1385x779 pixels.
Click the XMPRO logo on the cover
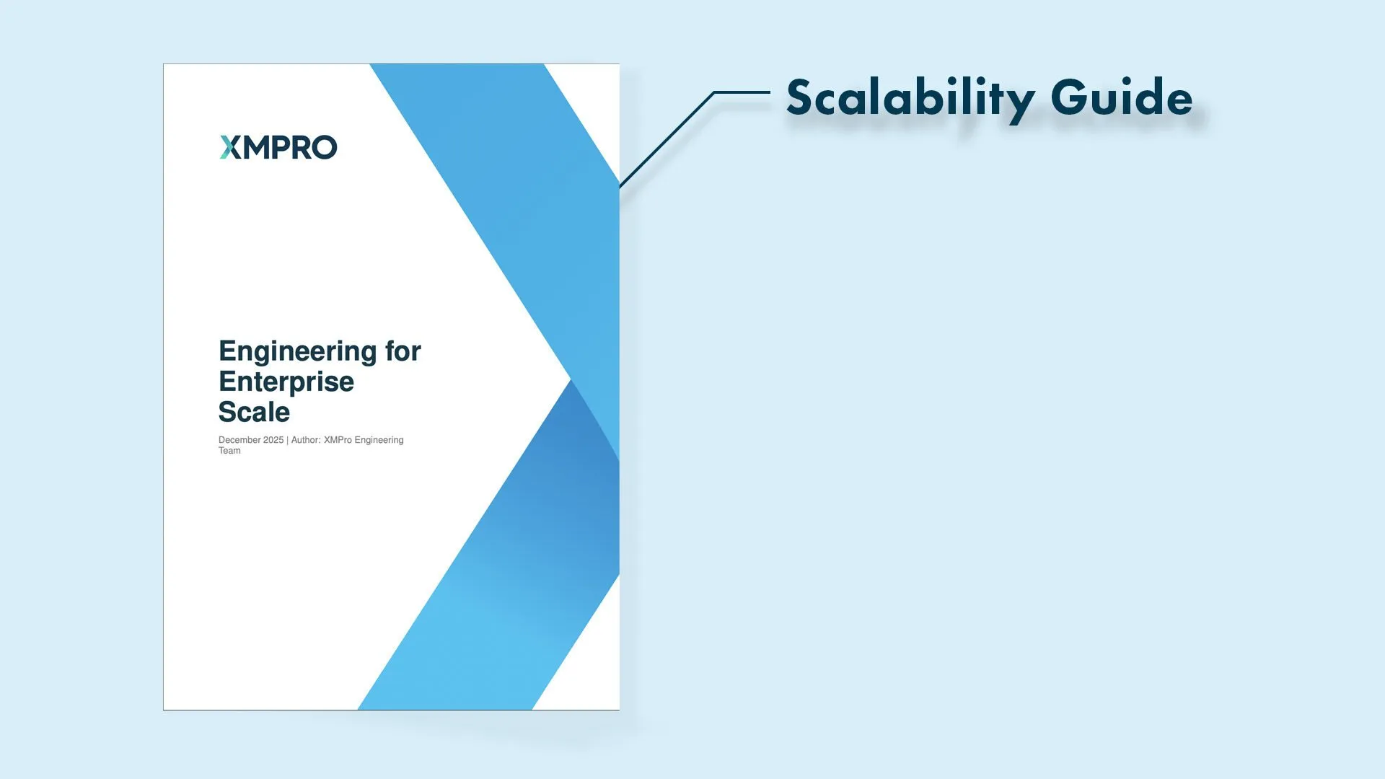(278, 147)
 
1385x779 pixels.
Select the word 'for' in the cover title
(403, 351)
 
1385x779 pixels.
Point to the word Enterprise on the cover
(286, 382)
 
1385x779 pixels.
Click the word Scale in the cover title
(254, 412)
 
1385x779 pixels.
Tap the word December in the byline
(239, 440)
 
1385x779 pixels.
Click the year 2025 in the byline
(273, 440)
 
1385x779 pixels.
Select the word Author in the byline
(306, 440)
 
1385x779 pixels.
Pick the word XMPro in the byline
(338, 440)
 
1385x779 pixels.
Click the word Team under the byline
(229, 451)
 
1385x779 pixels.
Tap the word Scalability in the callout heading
(911, 99)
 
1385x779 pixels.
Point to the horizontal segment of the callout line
(742, 92)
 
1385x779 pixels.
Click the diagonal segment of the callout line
(667, 139)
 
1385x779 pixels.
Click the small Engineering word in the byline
(379, 440)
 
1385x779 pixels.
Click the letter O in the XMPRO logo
(325, 147)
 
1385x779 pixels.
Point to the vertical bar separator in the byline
(288, 440)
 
